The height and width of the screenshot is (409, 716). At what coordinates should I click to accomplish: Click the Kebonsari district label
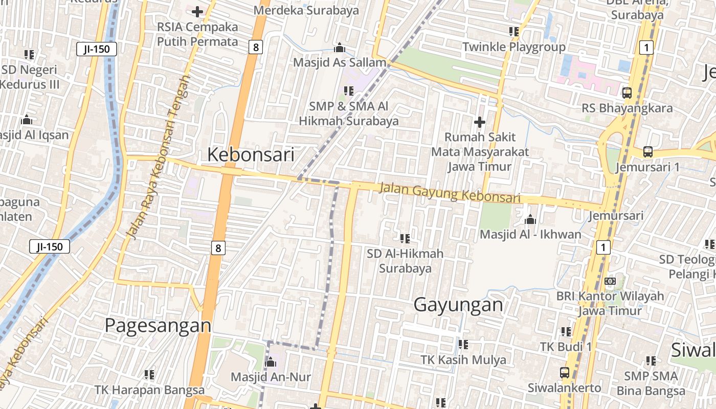click(251, 154)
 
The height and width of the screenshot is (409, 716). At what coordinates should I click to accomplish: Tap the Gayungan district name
click(458, 305)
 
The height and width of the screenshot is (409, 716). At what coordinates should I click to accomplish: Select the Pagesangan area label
click(158, 325)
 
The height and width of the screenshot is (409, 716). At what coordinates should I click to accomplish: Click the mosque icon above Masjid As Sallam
click(339, 48)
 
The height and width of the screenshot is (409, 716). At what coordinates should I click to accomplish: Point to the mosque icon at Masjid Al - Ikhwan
click(530, 220)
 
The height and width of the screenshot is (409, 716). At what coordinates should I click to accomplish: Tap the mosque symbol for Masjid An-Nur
click(271, 363)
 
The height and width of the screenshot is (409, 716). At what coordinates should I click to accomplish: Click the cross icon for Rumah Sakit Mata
click(479, 122)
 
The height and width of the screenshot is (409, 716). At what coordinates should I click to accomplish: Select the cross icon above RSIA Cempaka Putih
click(197, 11)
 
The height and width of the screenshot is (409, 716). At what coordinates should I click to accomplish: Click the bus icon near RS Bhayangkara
click(626, 93)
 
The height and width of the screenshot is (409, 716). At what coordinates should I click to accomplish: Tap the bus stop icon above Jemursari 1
click(647, 152)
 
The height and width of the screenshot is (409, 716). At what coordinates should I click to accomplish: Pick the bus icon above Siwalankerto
click(565, 373)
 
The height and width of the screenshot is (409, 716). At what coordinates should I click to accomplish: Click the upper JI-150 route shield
click(97, 50)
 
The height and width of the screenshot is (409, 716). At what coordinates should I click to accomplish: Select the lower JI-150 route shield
click(50, 247)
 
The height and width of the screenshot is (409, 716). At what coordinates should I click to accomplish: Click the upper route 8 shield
click(256, 48)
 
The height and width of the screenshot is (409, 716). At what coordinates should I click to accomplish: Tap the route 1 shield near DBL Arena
click(646, 48)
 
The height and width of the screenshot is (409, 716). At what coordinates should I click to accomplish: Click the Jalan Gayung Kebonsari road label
click(450, 193)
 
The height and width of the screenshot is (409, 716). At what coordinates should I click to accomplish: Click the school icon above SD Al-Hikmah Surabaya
click(405, 238)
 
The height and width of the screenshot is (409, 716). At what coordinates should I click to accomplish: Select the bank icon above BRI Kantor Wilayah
click(610, 281)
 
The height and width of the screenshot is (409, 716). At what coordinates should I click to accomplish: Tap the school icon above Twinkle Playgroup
click(514, 32)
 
